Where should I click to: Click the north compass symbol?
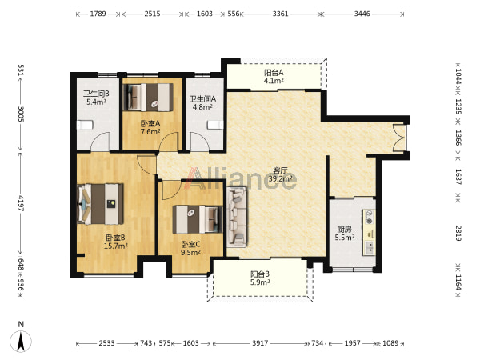(x=21, y=341)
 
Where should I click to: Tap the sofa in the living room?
(x=237, y=217)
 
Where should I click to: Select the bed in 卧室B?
(x=101, y=204)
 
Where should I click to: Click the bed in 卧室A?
(x=147, y=98)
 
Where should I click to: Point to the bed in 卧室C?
(x=198, y=219)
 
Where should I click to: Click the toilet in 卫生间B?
(x=84, y=125)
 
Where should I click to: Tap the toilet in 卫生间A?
(x=215, y=126)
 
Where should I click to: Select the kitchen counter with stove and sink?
(x=369, y=232)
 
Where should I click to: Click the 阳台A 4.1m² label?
(x=274, y=77)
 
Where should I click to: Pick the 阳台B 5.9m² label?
(x=260, y=278)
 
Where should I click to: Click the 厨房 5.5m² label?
(x=344, y=234)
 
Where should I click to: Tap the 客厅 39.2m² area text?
(x=280, y=174)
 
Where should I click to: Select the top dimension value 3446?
(x=362, y=14)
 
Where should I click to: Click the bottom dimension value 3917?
(x=260, y=343)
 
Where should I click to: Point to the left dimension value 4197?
(x=21, y=203)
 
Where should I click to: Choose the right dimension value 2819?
(x=458, y=233)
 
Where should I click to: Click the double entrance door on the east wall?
(x=399, y=138)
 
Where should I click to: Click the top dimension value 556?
(x=234, y=14)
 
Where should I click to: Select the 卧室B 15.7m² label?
(x=116, y=242)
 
